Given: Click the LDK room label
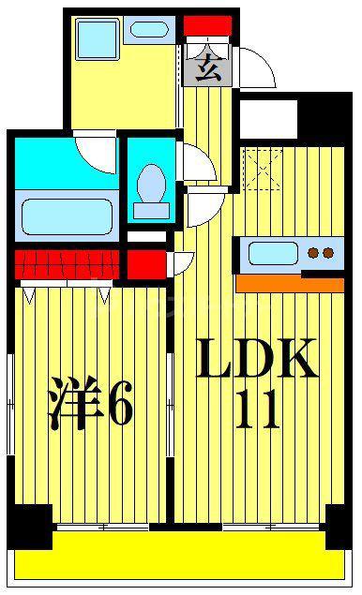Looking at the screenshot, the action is point(257,358).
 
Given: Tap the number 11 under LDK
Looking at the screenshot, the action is point(258,409).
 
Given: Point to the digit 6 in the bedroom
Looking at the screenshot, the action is point(119,403).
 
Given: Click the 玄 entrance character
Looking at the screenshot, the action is point(208,67).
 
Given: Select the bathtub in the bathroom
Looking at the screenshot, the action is point(67,217).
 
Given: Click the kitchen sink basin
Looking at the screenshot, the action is point(273,254).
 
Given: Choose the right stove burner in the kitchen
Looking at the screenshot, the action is point(328,252).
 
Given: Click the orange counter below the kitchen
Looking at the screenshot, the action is point(290,285).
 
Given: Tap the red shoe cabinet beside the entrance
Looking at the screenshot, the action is point(207,26).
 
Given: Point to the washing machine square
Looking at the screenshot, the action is point(98,39).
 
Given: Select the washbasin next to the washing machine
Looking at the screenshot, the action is point(149,30).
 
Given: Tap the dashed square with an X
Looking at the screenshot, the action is point(263,170).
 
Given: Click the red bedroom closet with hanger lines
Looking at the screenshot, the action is point(67,264).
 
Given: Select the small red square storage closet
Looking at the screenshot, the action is point(146,264).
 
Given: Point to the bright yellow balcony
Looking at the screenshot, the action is point(180,555).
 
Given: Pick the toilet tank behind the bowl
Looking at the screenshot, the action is point(151,211).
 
